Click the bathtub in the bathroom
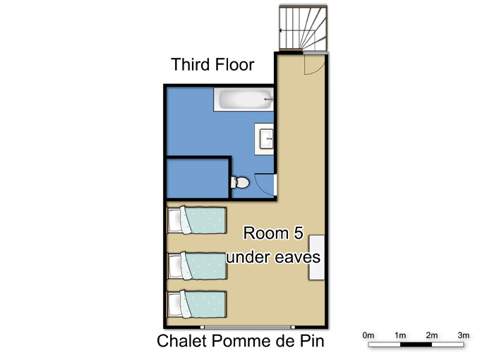click(x=244, y=100)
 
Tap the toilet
click(x=240, y=182)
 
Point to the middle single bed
click(x=197, y=265)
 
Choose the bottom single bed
click(x=197, y=305)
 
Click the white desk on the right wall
click(x=316, y=258)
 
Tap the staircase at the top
click(x=303, y=28)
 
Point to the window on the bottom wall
click(x=247, y=328)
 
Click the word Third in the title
click(x=191, y=65)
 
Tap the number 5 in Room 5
click(x=298, y=233)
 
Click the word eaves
click(x=297, y=258)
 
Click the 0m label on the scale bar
click(x=368, y=335)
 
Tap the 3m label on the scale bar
click(x=464, y=335)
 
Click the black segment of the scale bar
click(x=416, y=344)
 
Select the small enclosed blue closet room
click(x=198, y=179)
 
